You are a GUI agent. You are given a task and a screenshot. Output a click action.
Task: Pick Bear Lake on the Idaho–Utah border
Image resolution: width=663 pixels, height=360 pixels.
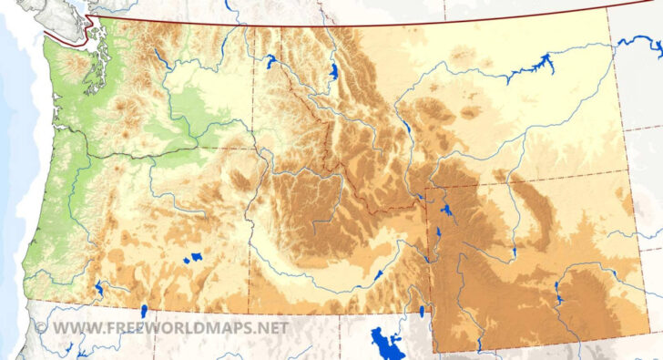[422, 312]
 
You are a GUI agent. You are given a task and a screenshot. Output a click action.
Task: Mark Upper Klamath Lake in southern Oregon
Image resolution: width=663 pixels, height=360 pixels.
[97, 290]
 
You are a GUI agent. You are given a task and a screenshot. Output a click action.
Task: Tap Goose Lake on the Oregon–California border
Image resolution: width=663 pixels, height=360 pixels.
[143, 311]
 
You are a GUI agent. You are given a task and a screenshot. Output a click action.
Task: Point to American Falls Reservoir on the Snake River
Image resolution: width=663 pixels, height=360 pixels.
[378, 274]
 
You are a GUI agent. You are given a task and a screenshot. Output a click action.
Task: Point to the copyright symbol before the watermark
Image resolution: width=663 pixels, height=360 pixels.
[40, 326]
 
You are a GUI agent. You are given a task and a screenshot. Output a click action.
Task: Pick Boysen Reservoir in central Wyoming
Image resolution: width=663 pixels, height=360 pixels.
[514, 251]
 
